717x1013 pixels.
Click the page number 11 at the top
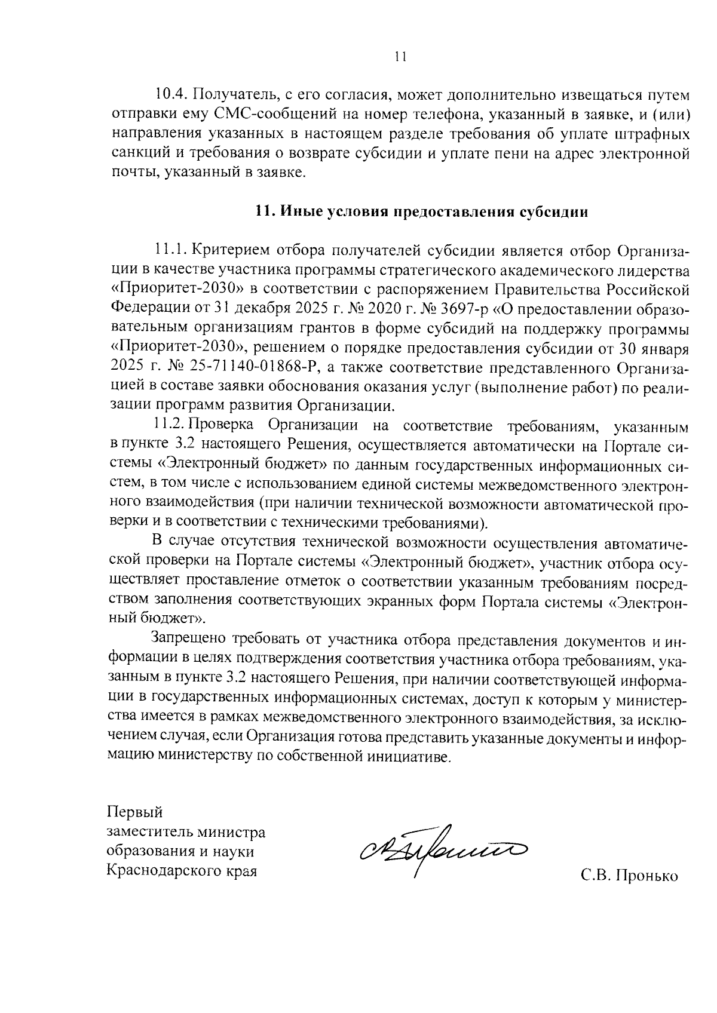400,57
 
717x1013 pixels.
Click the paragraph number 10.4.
171,95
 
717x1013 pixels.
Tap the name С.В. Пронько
630,876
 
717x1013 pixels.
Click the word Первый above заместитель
134,812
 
